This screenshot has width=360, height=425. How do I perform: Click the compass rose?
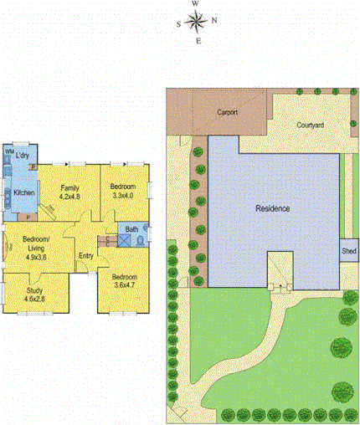coord(196,22)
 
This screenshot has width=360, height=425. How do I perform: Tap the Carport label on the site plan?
coord(227,111)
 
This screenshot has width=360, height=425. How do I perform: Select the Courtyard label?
coord(311,125)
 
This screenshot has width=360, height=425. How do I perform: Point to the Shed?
coord(348,250)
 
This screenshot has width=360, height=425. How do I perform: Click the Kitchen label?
coord(24,193)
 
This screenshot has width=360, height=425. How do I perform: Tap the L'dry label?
coord(23,156)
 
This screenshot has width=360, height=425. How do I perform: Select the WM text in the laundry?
coord(9,151)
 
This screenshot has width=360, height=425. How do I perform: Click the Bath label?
coord(132,228)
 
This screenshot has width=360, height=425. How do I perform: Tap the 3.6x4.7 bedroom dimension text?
coord(124,284)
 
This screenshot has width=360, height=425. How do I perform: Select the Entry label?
coord(86,256)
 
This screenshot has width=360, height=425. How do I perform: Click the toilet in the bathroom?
coord(139,241)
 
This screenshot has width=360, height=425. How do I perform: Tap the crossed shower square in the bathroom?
coord(123,241)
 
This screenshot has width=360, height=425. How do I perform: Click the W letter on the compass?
coord(195,4)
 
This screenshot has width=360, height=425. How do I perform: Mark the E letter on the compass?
coord(197,41)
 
